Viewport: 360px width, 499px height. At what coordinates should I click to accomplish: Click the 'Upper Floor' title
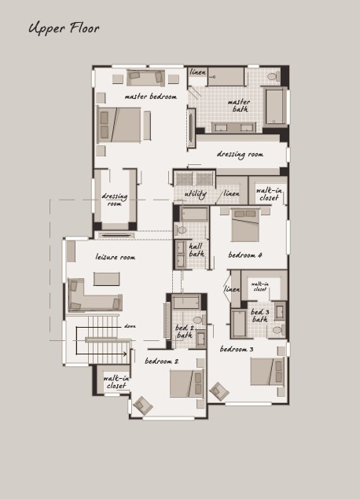point(64,28)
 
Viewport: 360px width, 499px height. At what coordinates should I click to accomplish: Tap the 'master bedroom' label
point(151,97)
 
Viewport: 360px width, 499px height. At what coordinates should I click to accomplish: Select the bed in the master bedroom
point(119,125)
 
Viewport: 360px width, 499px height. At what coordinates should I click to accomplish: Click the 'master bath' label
point(240,105)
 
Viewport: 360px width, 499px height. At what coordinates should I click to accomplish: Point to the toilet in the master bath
point(274,76)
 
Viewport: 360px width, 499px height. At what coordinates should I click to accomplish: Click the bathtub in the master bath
point(274,106)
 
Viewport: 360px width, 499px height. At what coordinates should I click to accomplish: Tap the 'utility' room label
point(196,194)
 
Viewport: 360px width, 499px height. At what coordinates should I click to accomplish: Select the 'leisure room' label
point(116,257)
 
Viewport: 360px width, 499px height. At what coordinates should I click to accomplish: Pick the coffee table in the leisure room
point(107,279)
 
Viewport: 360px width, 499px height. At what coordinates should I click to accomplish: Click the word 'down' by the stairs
point(130,326)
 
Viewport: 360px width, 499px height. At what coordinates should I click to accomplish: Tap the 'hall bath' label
point(197,250)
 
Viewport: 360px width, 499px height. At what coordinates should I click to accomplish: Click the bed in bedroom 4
point(245,226)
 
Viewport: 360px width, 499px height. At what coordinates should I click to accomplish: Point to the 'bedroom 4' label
point(245,255)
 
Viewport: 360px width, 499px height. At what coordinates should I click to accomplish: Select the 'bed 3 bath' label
point(259,316)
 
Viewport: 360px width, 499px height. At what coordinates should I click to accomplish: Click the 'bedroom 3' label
point(237,349)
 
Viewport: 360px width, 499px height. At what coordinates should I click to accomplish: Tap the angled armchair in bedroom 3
point(219,391)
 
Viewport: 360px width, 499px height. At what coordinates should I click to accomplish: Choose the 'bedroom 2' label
point(161,361)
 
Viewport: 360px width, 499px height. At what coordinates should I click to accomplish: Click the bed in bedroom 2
point(186,383)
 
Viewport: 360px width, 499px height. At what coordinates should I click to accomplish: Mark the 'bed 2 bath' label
point(184,332)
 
